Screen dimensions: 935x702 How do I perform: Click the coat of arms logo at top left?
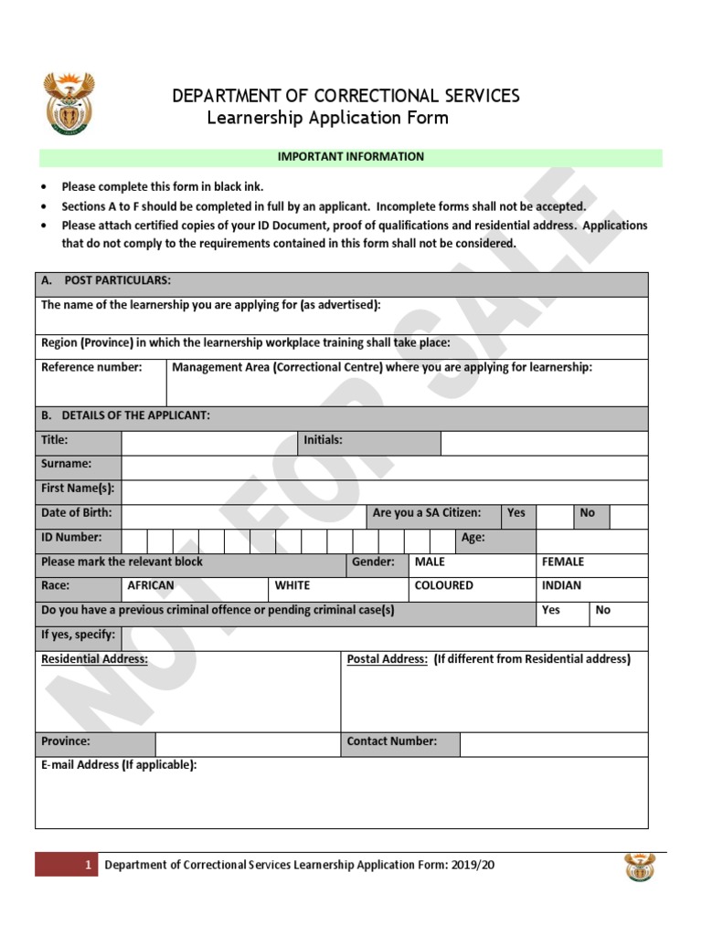tap(69, 104)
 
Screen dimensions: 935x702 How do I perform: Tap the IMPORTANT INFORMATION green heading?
tap(350, 157)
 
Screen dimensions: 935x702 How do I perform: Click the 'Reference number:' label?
tap(91, 367)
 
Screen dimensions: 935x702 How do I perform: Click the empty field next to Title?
tap(209, 443)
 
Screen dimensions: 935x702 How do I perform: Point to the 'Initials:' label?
tap(323, 440)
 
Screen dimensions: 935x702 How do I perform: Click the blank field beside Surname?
tap(384, 467)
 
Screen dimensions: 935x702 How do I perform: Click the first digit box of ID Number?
tap(134, 540)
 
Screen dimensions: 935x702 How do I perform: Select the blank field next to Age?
tap(591, 540)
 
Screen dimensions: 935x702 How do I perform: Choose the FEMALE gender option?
tap(563, 562)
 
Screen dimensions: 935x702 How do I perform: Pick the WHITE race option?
tap(292, 586)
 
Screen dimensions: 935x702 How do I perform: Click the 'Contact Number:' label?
tap(391, 741)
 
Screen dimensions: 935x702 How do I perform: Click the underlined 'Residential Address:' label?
tap(95, 659)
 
